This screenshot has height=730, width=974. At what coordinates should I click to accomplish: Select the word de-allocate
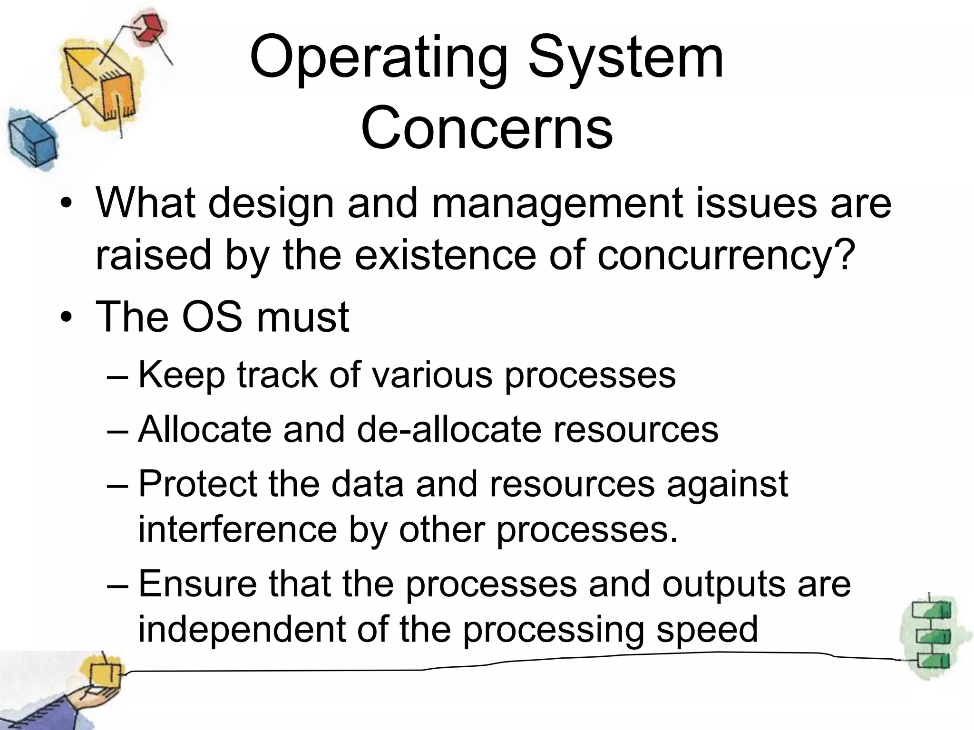tap(449, 430)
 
